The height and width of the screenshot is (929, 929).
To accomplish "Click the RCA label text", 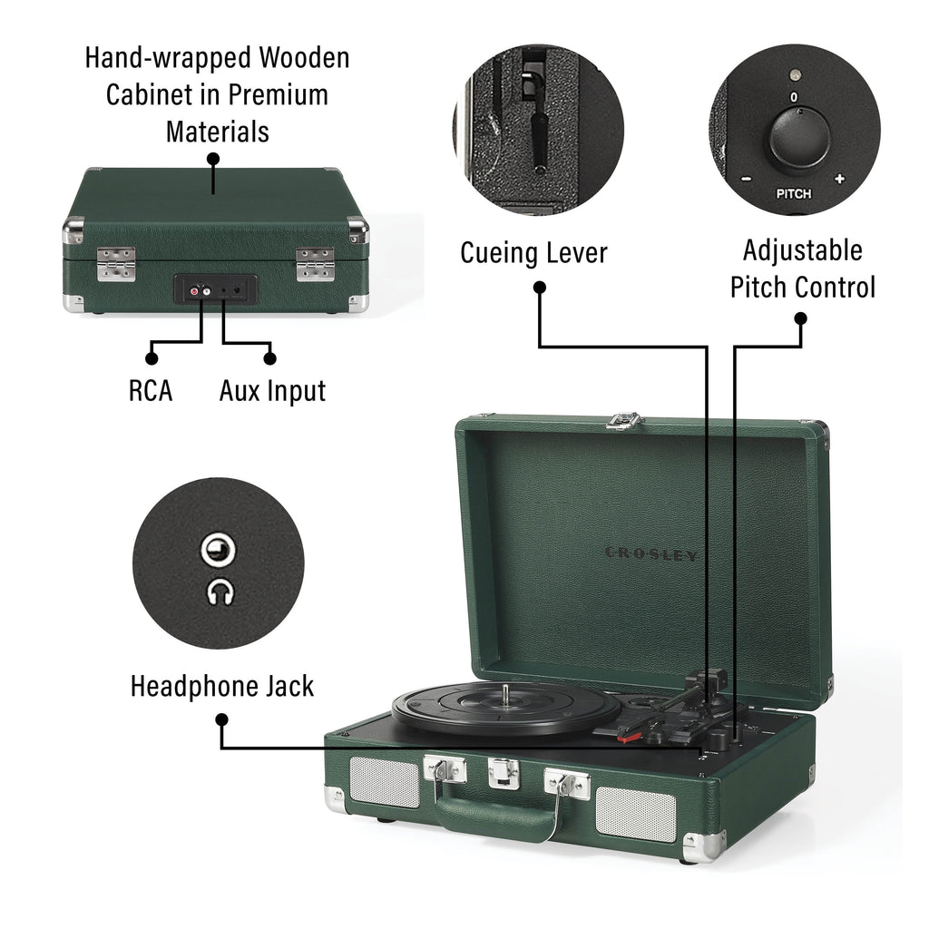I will [x=150, y=390].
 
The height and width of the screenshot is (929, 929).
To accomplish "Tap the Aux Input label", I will [x=272, y=390].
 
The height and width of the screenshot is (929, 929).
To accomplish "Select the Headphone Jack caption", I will [x=221, y=686].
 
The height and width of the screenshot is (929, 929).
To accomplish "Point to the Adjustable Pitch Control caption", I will [x=802, y=269].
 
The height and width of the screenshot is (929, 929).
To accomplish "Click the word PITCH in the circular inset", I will [x=793, y=193].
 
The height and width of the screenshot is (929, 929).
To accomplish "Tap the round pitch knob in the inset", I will [x=798, y=142].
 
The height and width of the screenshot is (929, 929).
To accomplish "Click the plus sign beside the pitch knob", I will [x=838, y=179].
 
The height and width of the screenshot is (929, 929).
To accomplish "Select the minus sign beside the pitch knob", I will [x=746, y=179].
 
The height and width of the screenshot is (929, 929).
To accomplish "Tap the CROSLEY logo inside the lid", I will [x=651, y=553].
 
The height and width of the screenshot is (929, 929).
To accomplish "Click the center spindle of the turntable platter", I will [x=504, y=694].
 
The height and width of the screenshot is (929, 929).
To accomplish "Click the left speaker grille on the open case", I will [x=385, y=782].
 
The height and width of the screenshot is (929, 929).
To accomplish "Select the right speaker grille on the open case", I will [x=635, y=814].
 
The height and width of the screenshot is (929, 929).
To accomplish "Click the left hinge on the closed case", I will [x=116, y=264].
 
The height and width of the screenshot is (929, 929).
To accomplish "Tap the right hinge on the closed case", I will [x=315, y=264].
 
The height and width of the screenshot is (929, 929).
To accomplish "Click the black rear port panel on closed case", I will [x=215, y=290].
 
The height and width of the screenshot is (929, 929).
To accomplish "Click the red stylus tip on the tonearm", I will [x=622, y=738].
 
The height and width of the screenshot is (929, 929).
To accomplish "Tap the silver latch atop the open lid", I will [x=623, y=420].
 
